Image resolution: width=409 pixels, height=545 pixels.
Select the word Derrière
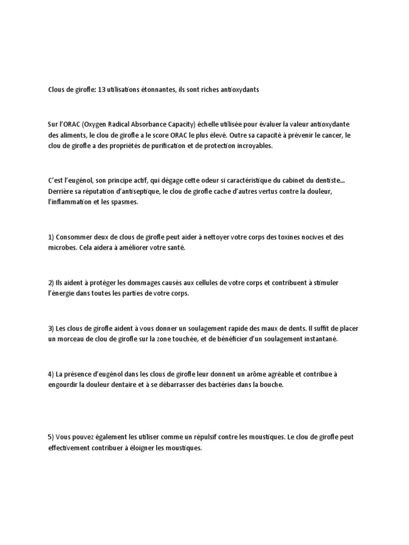60,191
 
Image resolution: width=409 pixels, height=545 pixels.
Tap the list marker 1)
52,237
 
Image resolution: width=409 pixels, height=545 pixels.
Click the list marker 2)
52,283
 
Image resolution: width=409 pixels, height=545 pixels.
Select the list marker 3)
52,328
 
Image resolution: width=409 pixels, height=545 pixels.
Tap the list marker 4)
52,374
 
